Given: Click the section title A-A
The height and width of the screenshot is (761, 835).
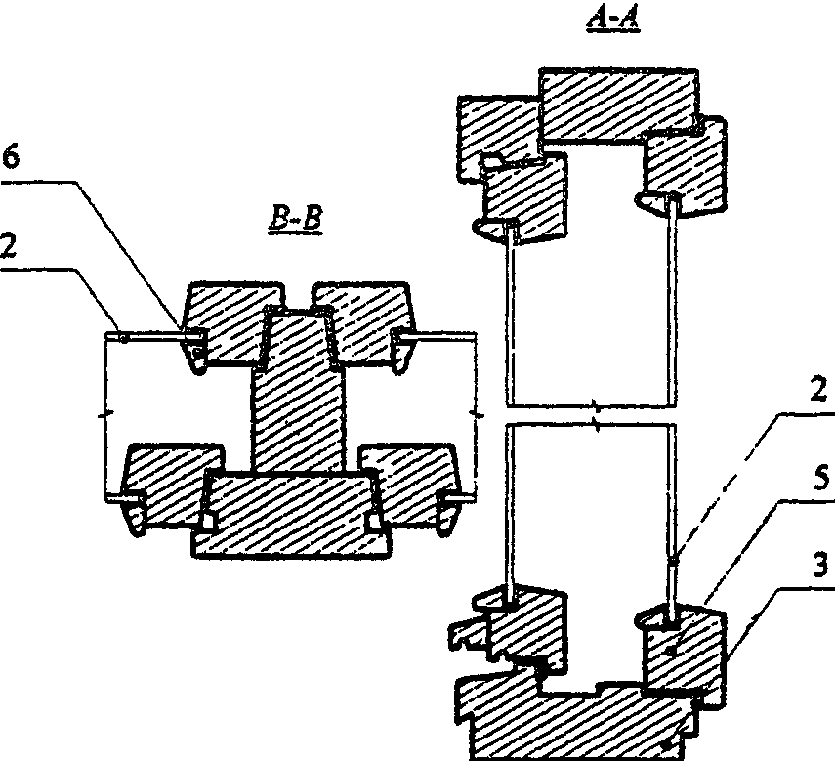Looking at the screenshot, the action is tap(613, 21).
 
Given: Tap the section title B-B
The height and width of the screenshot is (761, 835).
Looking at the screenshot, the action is tap(296, 220).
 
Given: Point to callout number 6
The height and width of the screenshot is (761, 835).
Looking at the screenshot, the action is tap(10, 158).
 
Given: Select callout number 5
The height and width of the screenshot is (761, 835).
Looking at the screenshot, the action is tap(821, 478).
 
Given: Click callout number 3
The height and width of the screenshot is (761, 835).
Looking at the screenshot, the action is tap(821, 565).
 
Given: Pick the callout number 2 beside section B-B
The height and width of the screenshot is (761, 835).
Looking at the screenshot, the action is tap(8, 246).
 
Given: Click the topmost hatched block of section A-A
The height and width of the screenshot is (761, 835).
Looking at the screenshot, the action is tap(618, 105).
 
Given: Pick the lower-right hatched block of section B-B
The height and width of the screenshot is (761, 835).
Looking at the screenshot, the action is tap(411, 485).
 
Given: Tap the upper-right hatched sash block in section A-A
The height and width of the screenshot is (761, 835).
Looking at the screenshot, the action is tap(684, 168).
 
